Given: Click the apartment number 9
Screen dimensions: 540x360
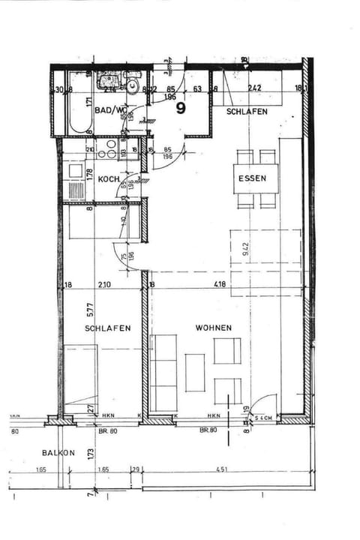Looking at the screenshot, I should tap(181, 108).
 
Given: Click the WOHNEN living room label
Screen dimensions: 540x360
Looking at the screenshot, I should tap(213, 328).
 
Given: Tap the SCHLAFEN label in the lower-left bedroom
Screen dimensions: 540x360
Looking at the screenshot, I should tap(108, 328).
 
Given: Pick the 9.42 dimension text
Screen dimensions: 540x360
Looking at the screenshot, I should tap(244, 248).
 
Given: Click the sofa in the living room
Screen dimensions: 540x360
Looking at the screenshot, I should tap(163, 372).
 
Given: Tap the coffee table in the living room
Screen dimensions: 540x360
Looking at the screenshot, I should tap(194, 371).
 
